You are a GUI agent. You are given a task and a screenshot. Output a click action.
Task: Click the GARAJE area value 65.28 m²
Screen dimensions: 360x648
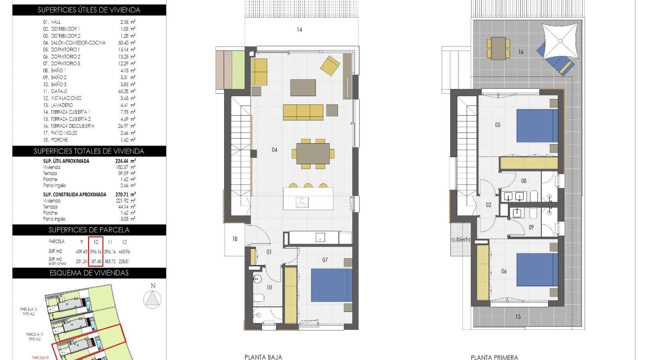pyautogui.click(x=126, y=91)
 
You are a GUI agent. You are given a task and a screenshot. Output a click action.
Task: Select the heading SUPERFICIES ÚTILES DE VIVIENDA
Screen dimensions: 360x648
pyautogui.click(x=89, y=10)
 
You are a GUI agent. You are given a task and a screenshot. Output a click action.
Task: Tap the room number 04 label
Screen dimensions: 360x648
pyautogui.click(x=274, y=150)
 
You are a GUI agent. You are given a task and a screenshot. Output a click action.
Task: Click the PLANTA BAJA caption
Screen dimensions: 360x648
pyautogui.click(x=263, y=357)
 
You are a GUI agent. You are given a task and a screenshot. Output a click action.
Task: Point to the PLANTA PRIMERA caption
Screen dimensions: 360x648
pyautogui.click(x=494, y=357)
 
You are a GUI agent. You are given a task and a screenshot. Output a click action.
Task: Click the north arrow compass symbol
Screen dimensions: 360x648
pyautogui.click(x=153, y=298)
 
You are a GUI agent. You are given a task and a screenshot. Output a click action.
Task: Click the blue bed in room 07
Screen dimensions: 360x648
pyautogui.click(x=332, y=285)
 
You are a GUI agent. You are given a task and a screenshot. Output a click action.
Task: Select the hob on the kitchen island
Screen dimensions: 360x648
pyautogui.click(x=302, y=202)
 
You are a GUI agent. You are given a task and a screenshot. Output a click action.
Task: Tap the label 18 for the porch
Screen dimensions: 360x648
pyautogui.click(x=234, y=239)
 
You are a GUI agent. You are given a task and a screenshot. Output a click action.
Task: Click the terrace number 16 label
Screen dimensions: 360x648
pyautogui.click(x=521, y=52)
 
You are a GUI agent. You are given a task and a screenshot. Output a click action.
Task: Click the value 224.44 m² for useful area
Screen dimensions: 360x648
pyautogui.click(x=126, y=161)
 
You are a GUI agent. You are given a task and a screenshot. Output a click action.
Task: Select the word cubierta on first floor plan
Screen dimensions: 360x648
pyautogui.click(x=461, y=240)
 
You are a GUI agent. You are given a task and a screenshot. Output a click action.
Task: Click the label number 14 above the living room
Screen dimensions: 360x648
pyautogui.click(x=299, y=30)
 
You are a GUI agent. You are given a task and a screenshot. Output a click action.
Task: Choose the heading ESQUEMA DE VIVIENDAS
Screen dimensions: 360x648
pyautogui.click(x=89, y=273)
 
